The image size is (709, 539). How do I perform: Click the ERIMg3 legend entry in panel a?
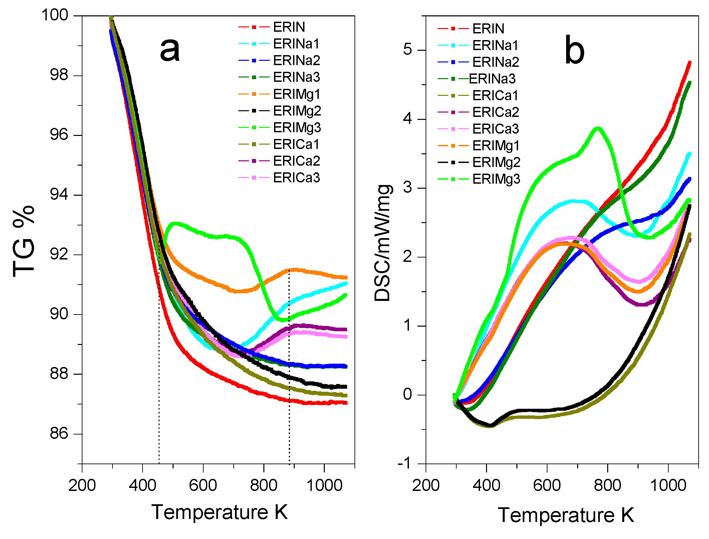pos(296,128)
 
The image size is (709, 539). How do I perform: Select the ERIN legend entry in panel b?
pos(488,29)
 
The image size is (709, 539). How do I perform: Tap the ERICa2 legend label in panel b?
pos(495,112)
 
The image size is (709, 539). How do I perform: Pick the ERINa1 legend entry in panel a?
pos(296,44)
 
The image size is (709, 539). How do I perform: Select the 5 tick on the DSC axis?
pos(408,50)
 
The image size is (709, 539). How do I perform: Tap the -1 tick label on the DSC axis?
pos(405,464)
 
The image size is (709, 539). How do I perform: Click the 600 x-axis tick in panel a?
pos(203,485)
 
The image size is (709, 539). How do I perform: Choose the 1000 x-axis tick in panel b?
pos(668,485)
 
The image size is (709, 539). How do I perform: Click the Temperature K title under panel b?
pos(565,515)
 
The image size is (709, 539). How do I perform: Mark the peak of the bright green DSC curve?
pos(598,128)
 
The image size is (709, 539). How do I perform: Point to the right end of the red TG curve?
pos(346,403)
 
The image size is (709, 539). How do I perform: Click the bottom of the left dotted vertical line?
pos(159,463)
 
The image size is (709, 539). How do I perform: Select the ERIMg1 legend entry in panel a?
pos(296,94)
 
